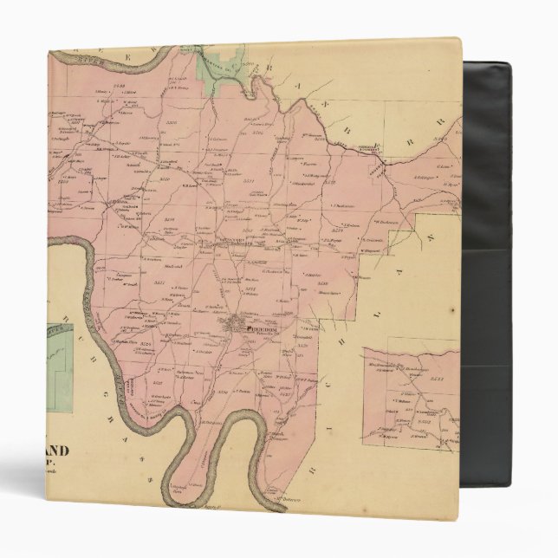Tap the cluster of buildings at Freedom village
click(x=236, y=328)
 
